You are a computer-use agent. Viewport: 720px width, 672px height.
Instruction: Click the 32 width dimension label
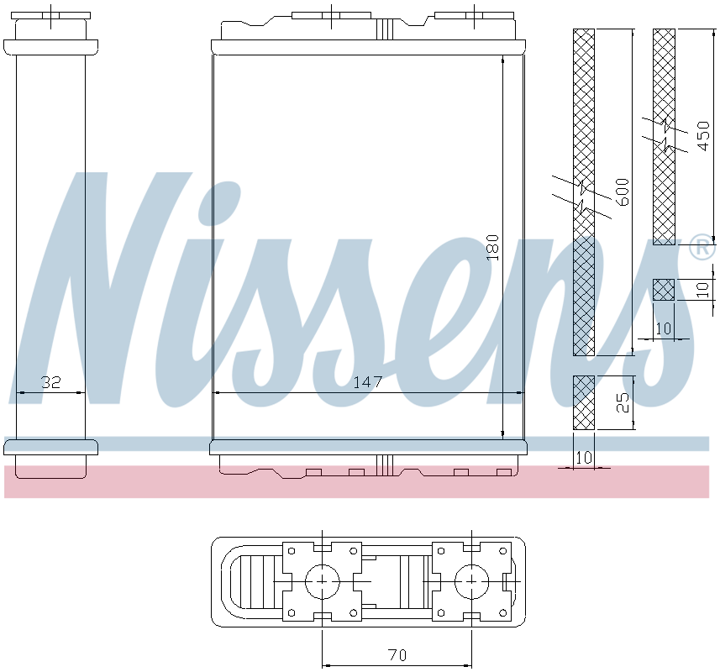click(x=51, y=382)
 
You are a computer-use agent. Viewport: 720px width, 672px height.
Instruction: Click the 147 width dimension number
click(x=368, y=382)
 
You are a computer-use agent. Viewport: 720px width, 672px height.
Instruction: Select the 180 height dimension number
click(x=492, y=248)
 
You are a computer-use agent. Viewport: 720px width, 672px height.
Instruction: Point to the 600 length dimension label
click(x=623, y=192)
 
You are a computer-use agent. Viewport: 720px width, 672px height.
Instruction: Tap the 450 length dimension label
click(x=703, y=136)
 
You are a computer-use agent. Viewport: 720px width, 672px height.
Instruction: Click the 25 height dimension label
click(x=623, y=402)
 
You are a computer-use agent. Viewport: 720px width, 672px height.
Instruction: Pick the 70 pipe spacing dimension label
click(x=397, y=655)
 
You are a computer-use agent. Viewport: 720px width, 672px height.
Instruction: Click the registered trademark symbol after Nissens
click(x=702, y=248)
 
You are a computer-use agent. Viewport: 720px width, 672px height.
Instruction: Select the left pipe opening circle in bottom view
click(x=323, y=581)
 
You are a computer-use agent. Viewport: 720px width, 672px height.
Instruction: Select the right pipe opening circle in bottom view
click(x=472, y=581)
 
